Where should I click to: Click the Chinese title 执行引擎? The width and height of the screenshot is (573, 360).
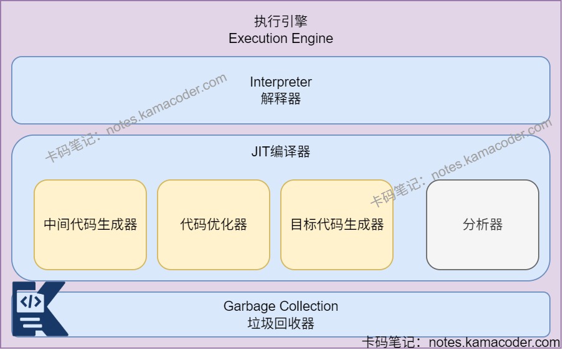pos(280,22)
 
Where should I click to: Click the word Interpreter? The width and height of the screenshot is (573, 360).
pos(280,82)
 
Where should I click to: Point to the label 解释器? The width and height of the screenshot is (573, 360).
pos(280,98)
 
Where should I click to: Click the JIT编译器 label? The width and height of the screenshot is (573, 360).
pos(280,152)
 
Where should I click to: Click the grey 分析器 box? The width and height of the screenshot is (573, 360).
pos(482,225)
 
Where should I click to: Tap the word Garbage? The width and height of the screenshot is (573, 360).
pos(250,306)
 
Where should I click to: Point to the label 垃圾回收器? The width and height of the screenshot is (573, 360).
pos(280,323)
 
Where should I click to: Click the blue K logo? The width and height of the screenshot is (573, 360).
pos(39,310)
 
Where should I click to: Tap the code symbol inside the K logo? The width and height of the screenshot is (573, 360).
pos(31,302)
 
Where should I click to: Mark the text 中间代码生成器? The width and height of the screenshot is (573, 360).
pos(90,225)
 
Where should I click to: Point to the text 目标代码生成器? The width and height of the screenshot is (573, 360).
pos(337,225)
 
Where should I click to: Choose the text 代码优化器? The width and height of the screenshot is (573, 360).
pos(213,225)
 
